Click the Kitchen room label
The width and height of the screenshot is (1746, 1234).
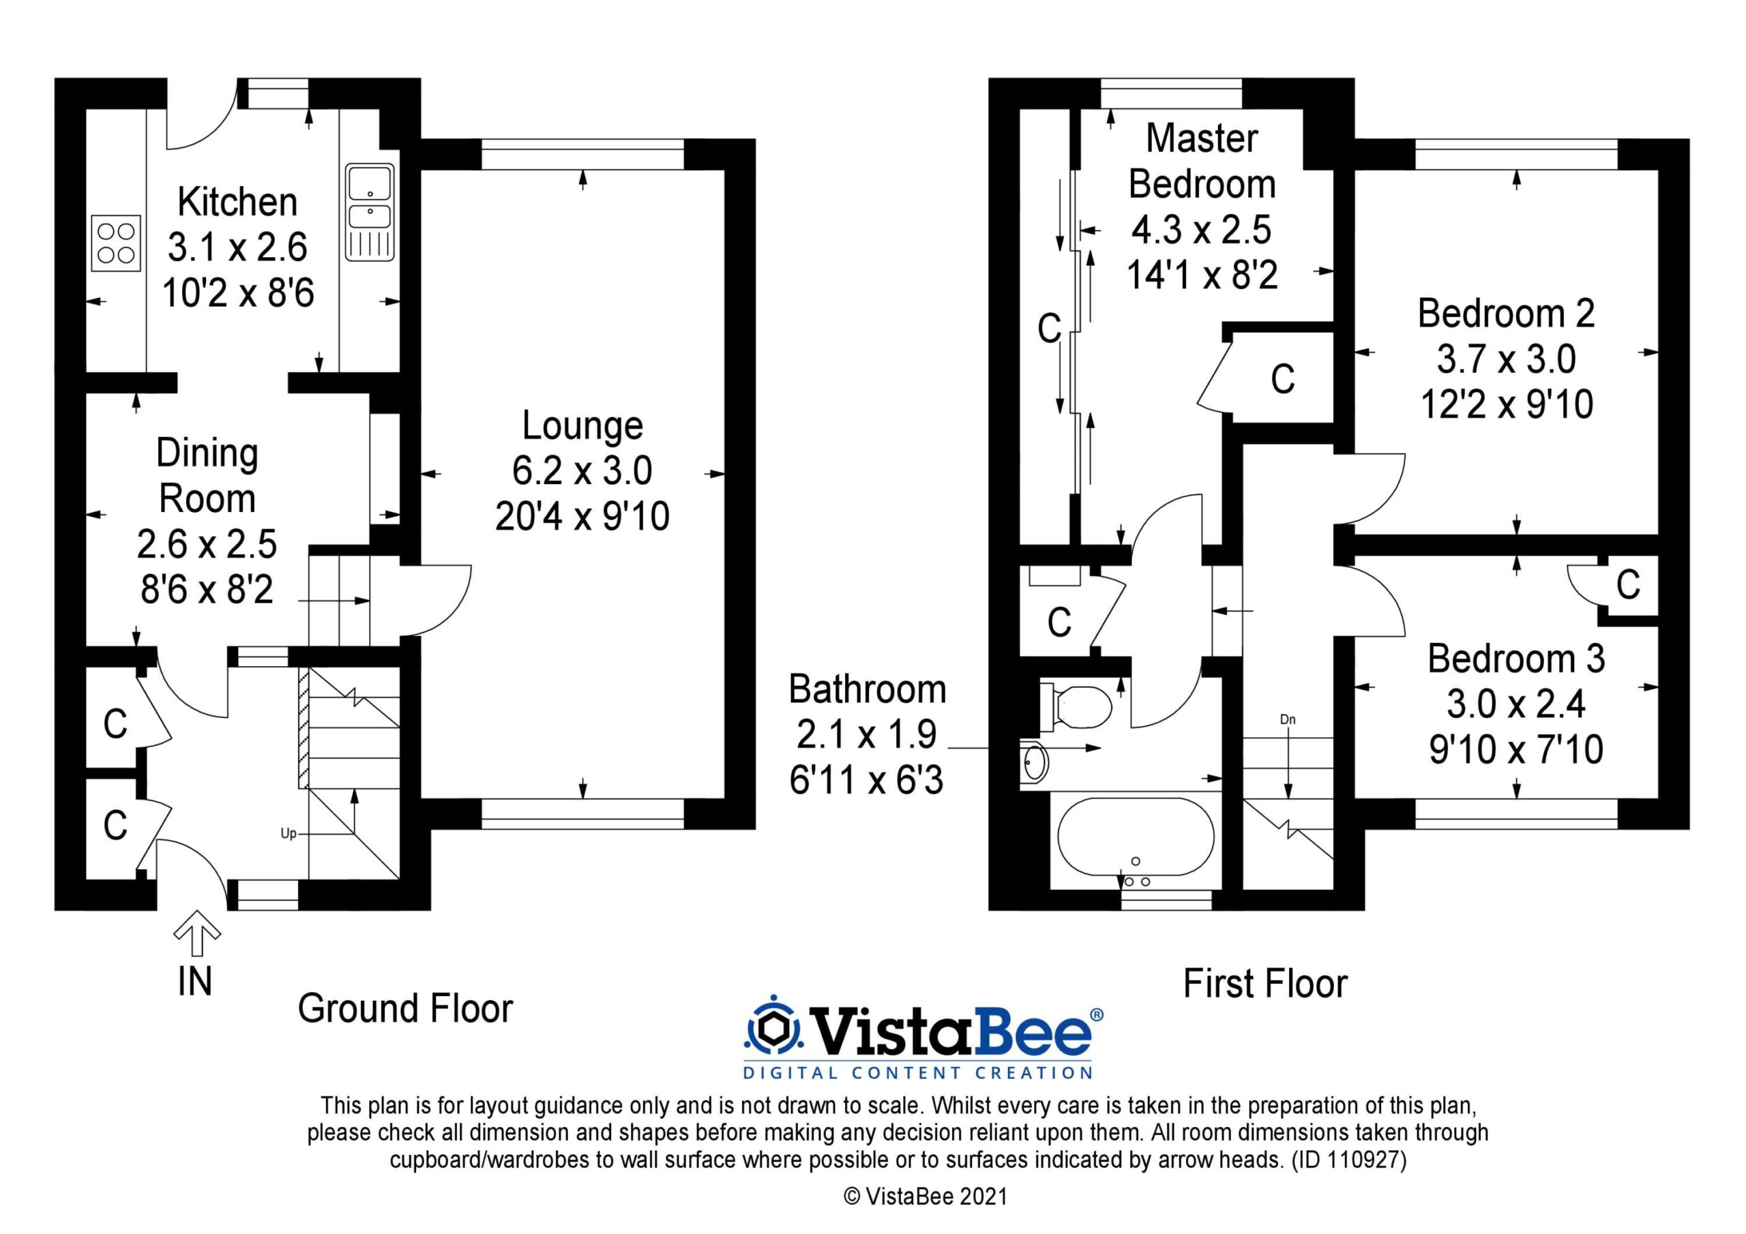click(237, 202)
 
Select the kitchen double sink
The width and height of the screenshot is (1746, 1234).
click(370, 212)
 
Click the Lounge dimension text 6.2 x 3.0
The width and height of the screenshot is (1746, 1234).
click(582, 470)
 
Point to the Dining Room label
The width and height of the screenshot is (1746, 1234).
click(207, 476)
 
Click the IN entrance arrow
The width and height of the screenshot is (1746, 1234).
click(197, 933)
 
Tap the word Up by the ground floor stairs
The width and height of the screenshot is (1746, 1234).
click(288, 833)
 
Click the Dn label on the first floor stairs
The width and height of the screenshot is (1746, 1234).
click(1288, 719)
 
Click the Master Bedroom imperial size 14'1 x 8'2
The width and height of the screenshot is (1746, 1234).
click(1202, 275)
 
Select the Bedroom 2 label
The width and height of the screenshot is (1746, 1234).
click(1506, 313)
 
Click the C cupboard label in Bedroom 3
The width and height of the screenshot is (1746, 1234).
click(1628, 585)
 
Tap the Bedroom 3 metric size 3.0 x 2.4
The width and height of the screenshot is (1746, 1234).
click(1516, 704)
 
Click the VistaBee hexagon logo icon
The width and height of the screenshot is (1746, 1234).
click(773, 1030)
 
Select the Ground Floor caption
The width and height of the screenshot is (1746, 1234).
click(405, 1008)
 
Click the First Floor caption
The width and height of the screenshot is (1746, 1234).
click(1265, 984)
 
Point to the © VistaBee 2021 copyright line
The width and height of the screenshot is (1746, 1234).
click(926, 1196)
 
